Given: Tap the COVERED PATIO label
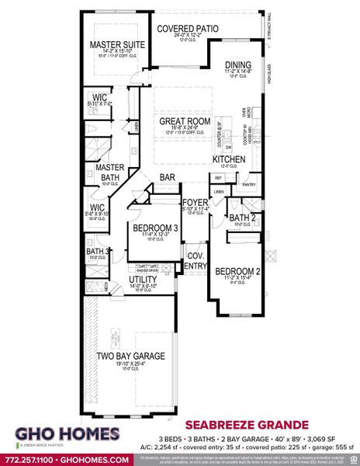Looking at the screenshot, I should point(187,28).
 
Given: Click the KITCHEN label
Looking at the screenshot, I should point(230,159).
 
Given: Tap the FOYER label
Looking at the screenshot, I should point(190,202).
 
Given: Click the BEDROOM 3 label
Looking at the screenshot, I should point(151,228).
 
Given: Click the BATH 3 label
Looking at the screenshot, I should point(97,252).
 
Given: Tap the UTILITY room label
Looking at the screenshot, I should point(144,279).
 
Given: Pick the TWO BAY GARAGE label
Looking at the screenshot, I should point(131,356).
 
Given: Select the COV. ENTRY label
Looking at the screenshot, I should point(196,260).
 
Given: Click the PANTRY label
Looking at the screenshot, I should point(248,185).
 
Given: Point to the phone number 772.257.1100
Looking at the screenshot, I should point(31,459).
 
